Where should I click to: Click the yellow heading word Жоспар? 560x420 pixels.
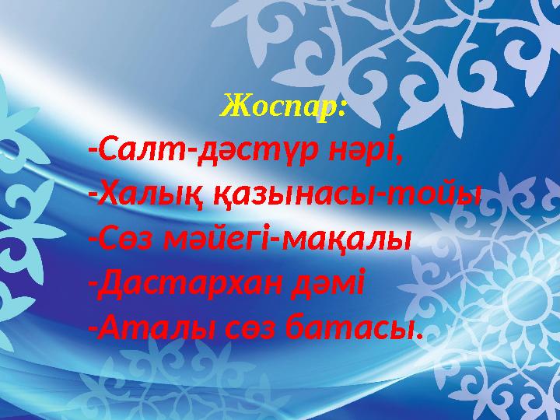[x=281, y=104]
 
